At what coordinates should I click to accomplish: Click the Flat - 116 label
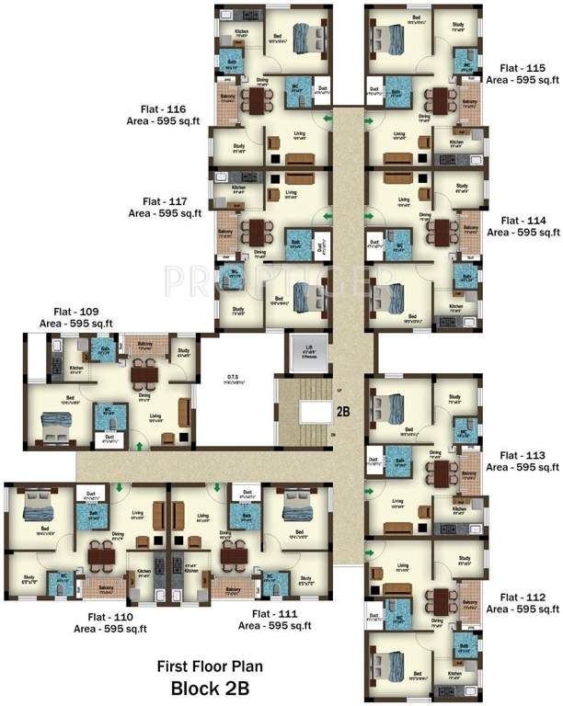coord(166,107)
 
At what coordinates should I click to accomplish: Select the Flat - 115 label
coord(523,68)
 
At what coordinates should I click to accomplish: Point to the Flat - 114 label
coord(523,221)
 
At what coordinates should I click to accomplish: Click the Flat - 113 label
coord(523,455)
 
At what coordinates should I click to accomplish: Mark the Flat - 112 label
coord(523,598)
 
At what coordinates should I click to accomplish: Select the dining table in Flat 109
coord(142,374)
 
